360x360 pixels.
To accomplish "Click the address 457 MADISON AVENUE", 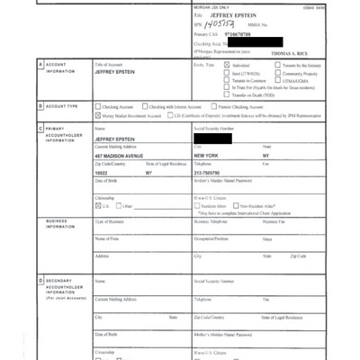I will (120, 156).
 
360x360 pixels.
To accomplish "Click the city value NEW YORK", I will (209, 156).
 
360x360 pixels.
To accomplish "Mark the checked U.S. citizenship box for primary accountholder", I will (97, 206).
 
